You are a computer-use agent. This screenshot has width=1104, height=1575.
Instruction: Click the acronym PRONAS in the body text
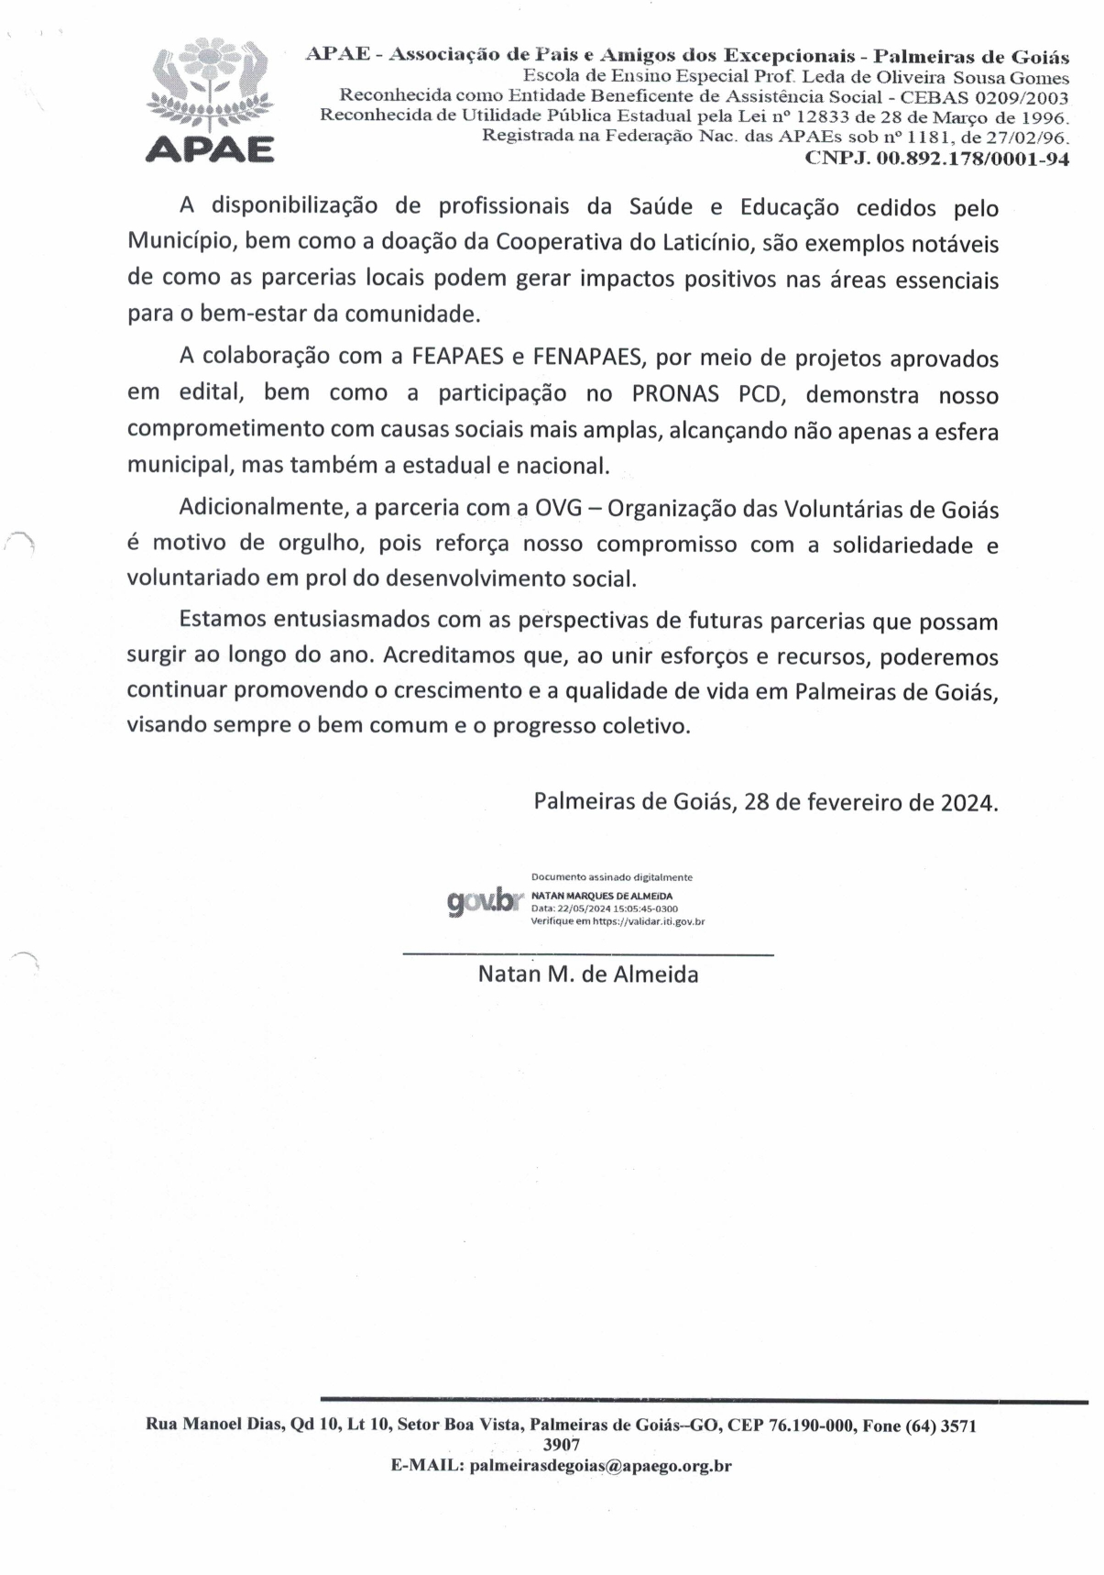coord(678,393)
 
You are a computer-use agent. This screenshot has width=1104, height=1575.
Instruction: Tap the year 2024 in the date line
coord(967,802)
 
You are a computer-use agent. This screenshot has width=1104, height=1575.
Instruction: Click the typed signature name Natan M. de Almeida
coord(588,975)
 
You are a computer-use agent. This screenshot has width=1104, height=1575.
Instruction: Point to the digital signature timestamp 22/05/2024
coord(570,909)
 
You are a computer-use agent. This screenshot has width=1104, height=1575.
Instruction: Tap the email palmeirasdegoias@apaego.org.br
coord(600,1466)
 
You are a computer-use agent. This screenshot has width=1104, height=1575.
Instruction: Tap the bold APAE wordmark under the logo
coord(210,149)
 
